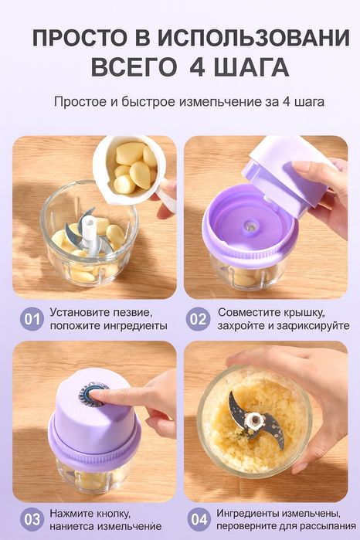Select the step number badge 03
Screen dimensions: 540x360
pyautogui.click(x=32, y=519)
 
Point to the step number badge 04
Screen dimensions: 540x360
pyautogui.click(x=199, y=519)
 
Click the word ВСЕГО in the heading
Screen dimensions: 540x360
pyautogui.click(x=134, y=66)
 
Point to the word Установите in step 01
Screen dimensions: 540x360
pyautogui.click(x=81, y=313)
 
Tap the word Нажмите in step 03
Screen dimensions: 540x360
pyautogui.click(x=73, y=512)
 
